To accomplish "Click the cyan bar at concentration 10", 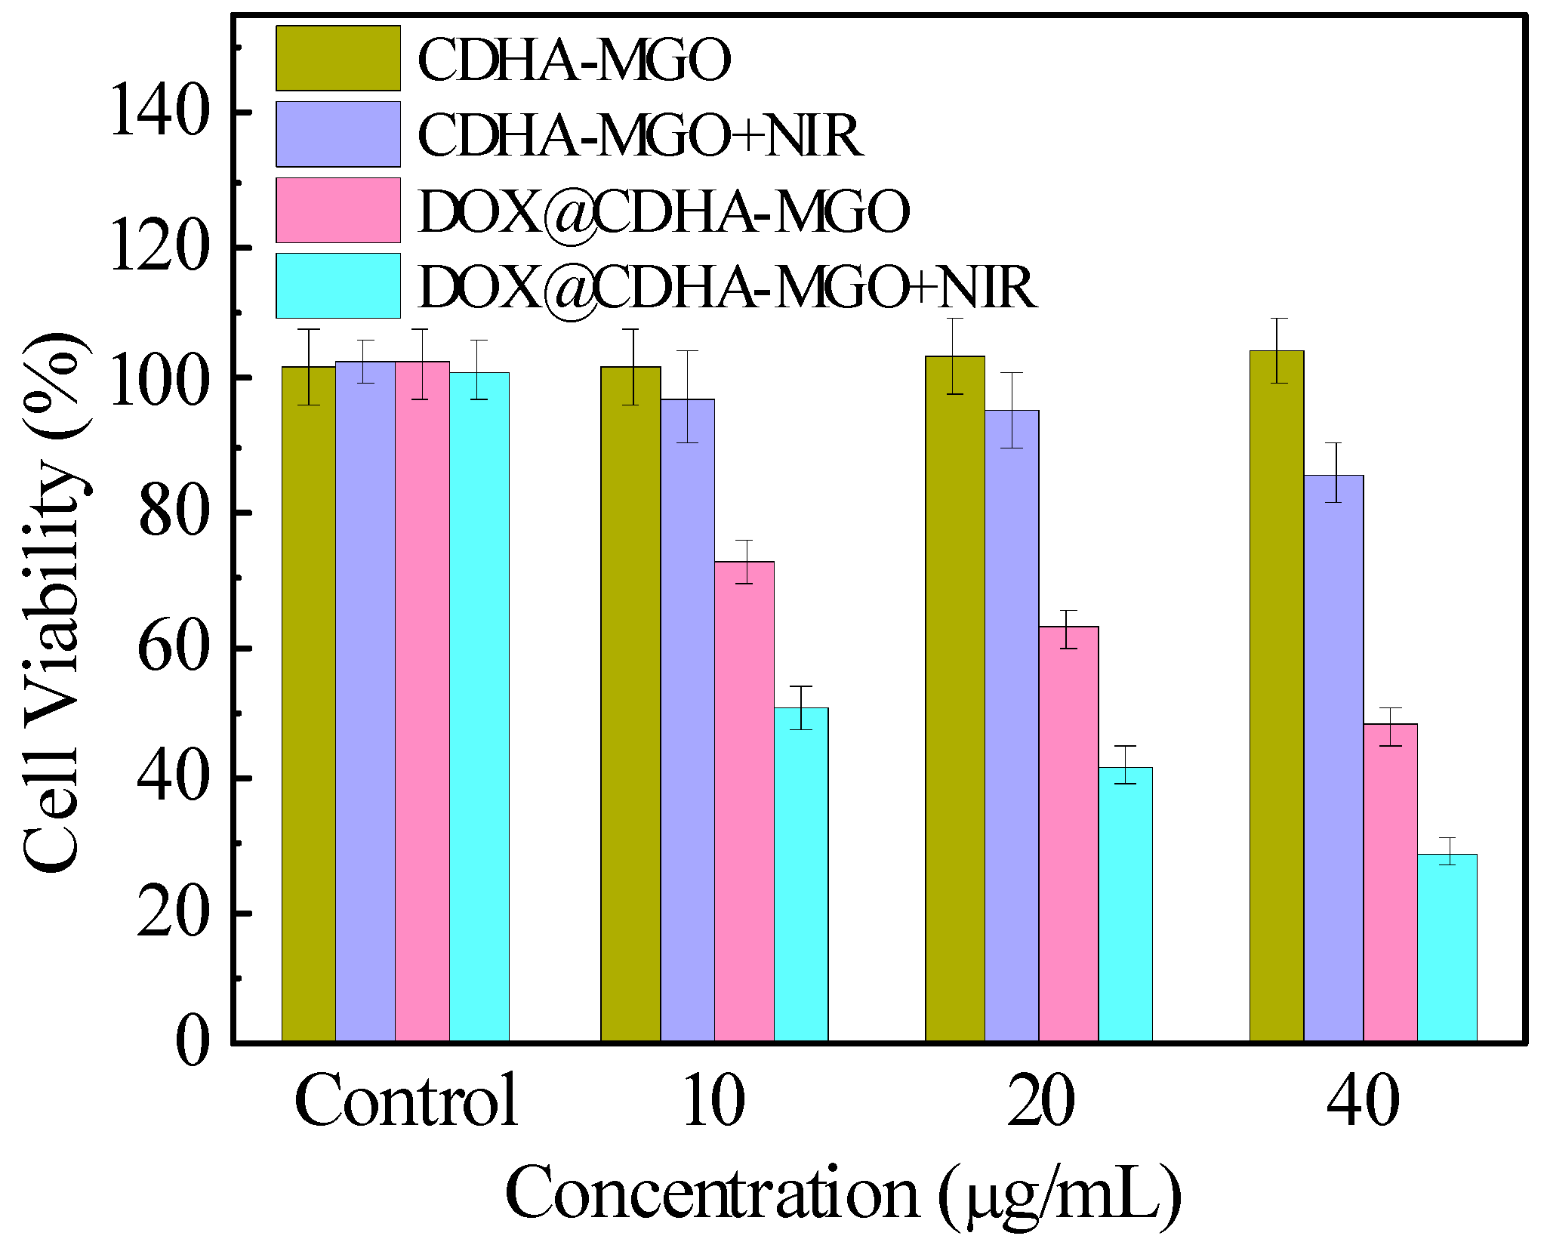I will tap(801, 875).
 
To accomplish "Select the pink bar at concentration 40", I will tap(1390, 883).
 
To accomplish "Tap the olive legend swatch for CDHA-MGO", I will tap(338, 58).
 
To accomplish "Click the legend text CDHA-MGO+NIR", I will tap(640, 136).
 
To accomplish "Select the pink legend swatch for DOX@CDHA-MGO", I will tap(338, 210).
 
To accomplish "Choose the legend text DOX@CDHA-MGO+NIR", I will tap(728, 287).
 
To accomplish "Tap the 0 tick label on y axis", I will tap(193, 1043).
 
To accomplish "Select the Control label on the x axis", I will tap(406, 1101).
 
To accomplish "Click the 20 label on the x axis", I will tap(1041, 1101).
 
